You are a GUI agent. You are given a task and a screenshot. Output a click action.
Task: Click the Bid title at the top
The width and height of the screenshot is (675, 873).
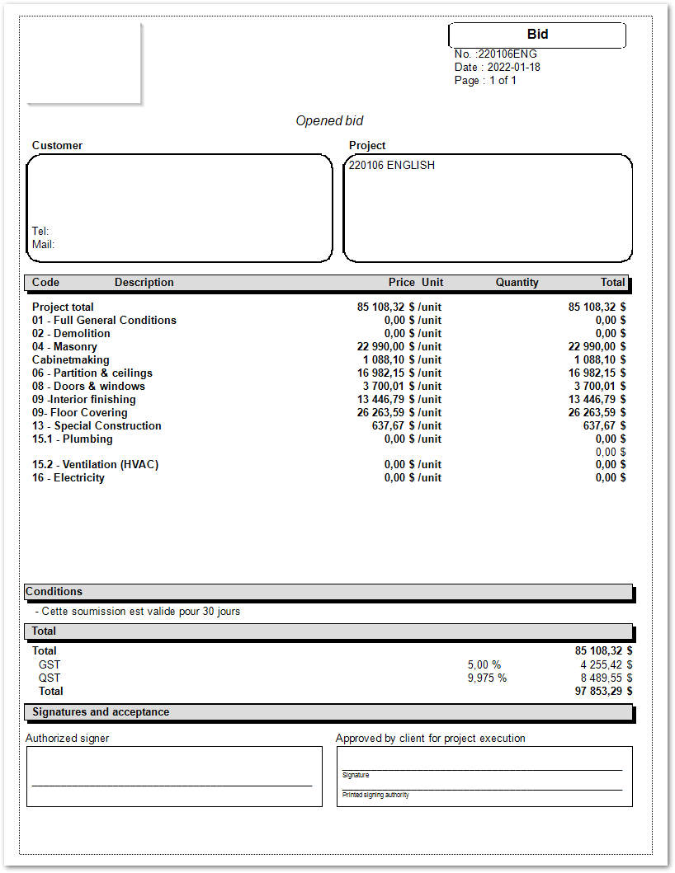pos(537,35)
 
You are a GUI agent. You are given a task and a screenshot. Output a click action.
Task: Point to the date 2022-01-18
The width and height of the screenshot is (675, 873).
pos(513,68)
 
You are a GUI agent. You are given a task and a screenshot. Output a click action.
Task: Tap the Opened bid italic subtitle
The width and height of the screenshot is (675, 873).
pos(329,121)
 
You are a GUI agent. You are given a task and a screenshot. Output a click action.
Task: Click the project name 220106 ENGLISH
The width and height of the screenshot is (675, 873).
pos(391,165)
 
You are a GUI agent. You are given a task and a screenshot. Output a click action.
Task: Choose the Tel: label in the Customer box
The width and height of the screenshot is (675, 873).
pos(40,232)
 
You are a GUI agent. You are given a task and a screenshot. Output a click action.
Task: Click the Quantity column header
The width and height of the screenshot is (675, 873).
pos(517,283)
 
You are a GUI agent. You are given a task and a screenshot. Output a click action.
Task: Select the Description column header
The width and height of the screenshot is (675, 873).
pos(144,283)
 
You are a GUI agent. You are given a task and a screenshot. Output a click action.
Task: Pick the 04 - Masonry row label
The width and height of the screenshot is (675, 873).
pos(64,347)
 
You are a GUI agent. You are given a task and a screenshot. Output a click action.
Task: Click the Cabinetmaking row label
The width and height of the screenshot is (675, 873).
pos(70,360)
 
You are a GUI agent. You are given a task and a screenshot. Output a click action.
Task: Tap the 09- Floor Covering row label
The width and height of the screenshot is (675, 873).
pos(79,413)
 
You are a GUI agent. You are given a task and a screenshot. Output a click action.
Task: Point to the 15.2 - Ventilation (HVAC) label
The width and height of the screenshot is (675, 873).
pos(95,465)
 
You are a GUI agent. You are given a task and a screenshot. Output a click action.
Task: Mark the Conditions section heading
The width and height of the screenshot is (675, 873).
pos(54,592)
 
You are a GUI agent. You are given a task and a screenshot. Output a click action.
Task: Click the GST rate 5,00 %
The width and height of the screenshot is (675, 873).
pos(484,664)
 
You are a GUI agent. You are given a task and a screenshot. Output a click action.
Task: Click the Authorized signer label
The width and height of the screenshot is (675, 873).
pos(67,739)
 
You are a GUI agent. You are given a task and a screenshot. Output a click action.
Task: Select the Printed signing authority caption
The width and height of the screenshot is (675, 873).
pos(375,795)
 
